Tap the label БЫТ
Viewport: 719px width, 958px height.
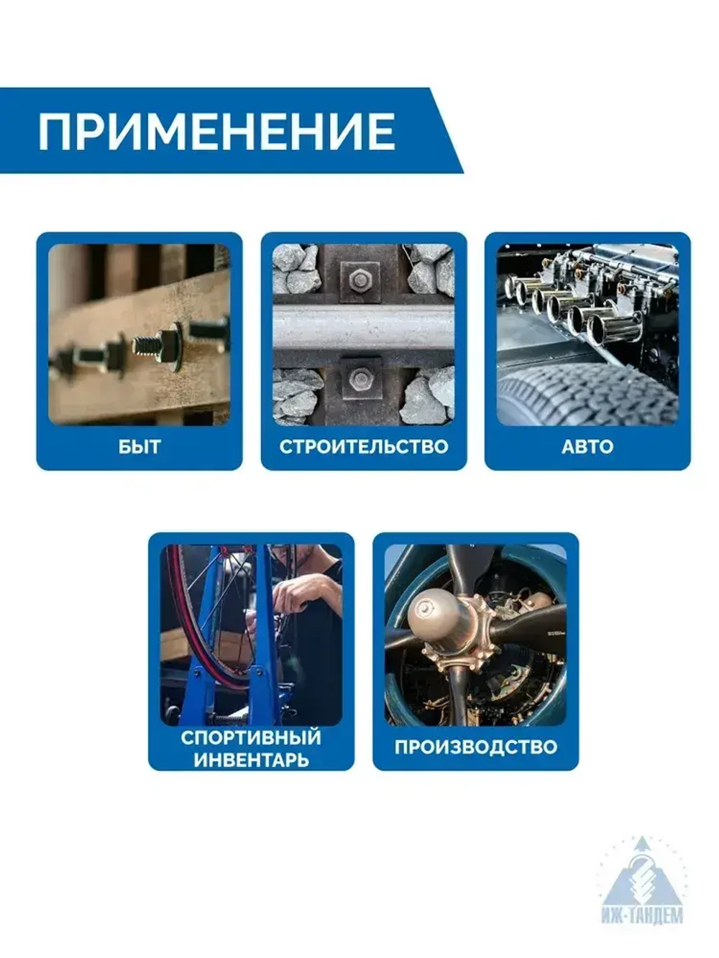(139, 446)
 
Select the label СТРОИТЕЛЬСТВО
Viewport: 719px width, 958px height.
(363, 446)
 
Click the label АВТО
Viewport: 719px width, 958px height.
(587, 446)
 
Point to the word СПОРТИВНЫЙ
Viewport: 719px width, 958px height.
(250, 737)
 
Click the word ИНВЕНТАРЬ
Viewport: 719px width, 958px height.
(251, 760)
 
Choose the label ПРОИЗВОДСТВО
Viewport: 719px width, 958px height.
(475, 747)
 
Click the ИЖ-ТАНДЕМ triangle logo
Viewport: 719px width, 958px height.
(642, 881)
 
